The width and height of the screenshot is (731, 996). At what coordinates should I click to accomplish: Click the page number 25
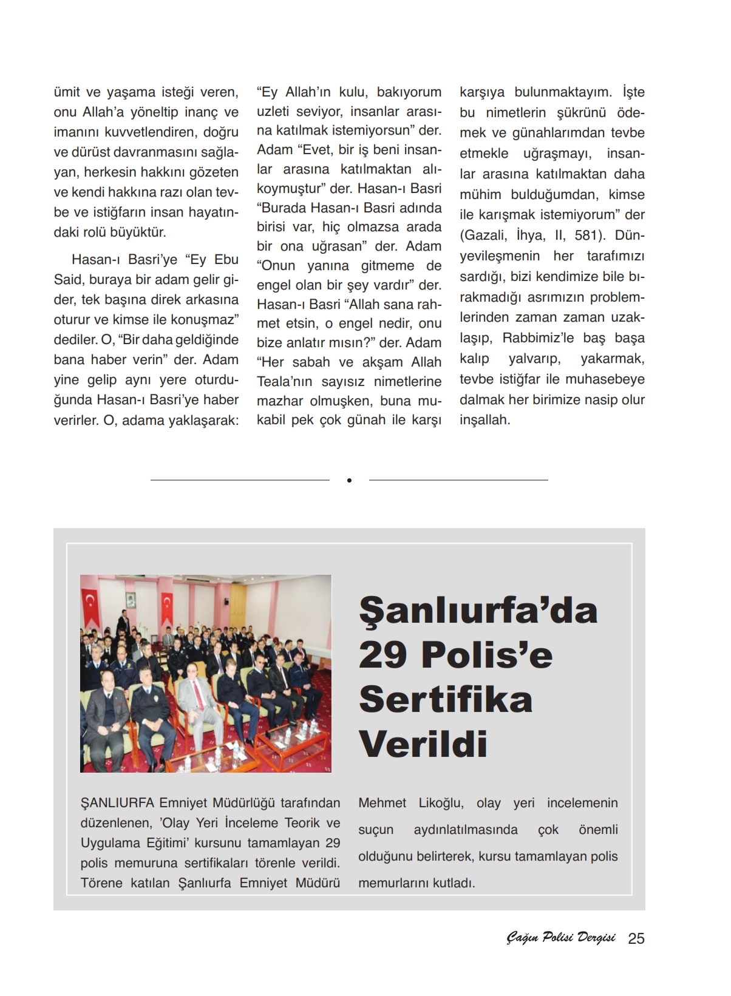click(636, 938)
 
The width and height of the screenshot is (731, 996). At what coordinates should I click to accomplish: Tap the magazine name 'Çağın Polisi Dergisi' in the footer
click(560, 938)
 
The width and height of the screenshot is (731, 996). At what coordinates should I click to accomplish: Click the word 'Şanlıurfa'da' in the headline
click(478, 610)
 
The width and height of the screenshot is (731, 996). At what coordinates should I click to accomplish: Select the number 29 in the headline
click(382, 655)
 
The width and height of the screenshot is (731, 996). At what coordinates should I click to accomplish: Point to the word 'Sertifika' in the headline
click(446, 699)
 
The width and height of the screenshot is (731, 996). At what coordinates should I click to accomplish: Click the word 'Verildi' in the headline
click(423, 744)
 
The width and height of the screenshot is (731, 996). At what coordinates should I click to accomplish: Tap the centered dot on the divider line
click(349, 480)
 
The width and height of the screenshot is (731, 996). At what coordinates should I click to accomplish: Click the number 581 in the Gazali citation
click(588, 235)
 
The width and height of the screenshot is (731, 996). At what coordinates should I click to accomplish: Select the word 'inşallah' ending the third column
click(484, 420)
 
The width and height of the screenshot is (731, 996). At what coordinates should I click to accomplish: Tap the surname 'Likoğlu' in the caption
click(441, 803)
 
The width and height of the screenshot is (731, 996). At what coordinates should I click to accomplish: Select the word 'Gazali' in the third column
click(483, 235)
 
